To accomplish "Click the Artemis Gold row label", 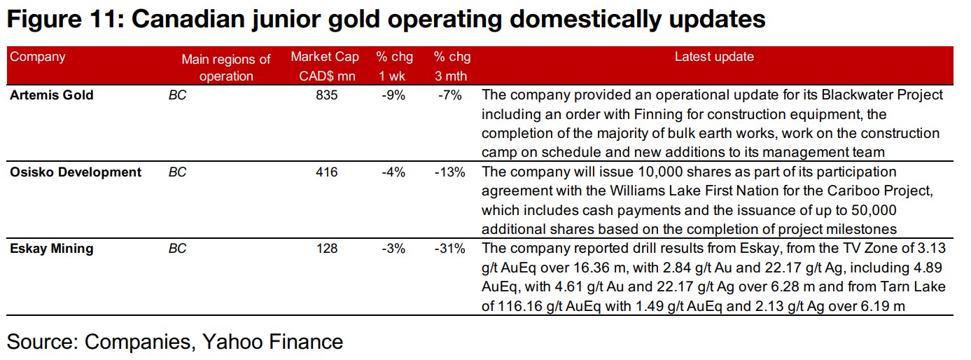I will click(x=51, y=95).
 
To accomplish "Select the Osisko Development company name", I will click(x=76, y=172).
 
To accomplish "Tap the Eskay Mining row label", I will click(x=51, y=249).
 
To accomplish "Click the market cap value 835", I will click(x=326, y=95).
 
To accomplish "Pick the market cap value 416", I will click(x=326, y=172).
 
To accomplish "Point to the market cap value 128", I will click(x=326, y=249).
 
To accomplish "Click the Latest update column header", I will click(x=714, y=57).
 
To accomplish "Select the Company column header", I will click(x=37, y=57).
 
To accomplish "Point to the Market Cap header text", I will click(x=325, y=57).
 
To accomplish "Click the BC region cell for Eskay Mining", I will click(x=178, y=249).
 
